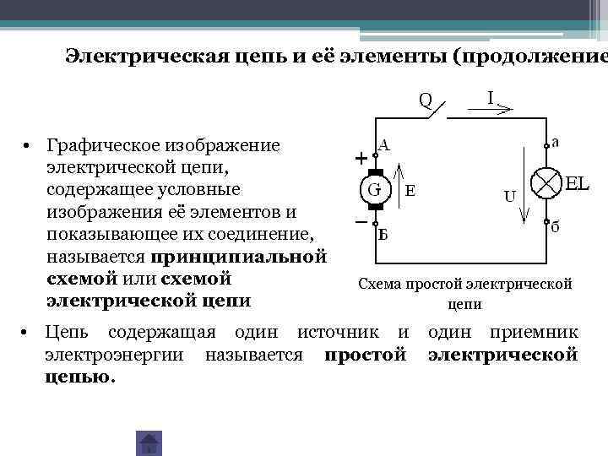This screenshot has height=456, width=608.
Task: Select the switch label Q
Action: point(426,100)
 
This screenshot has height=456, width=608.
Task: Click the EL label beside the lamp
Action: point(577,183)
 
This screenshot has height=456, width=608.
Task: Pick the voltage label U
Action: point(510,197)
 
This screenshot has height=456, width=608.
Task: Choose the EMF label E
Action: point(410,191)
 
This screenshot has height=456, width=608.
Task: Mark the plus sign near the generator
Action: point(361,158)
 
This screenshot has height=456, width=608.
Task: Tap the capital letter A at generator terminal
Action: point(383,144)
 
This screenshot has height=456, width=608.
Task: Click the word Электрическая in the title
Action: point(138,57)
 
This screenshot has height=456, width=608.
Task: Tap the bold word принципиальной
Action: point(239,256)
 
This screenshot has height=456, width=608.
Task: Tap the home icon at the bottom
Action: point(149,442)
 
